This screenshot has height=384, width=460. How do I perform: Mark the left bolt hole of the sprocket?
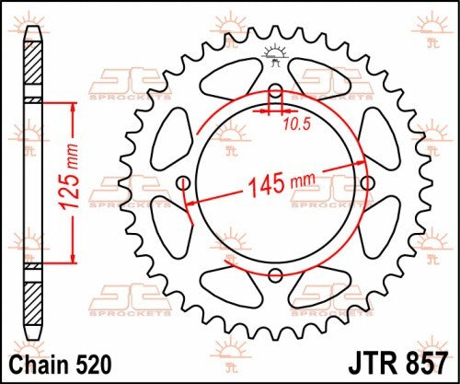click(184, 181)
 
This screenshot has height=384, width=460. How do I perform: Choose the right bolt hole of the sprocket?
click(367, 181)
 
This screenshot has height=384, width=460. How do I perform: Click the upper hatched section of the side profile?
click(33, 68)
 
